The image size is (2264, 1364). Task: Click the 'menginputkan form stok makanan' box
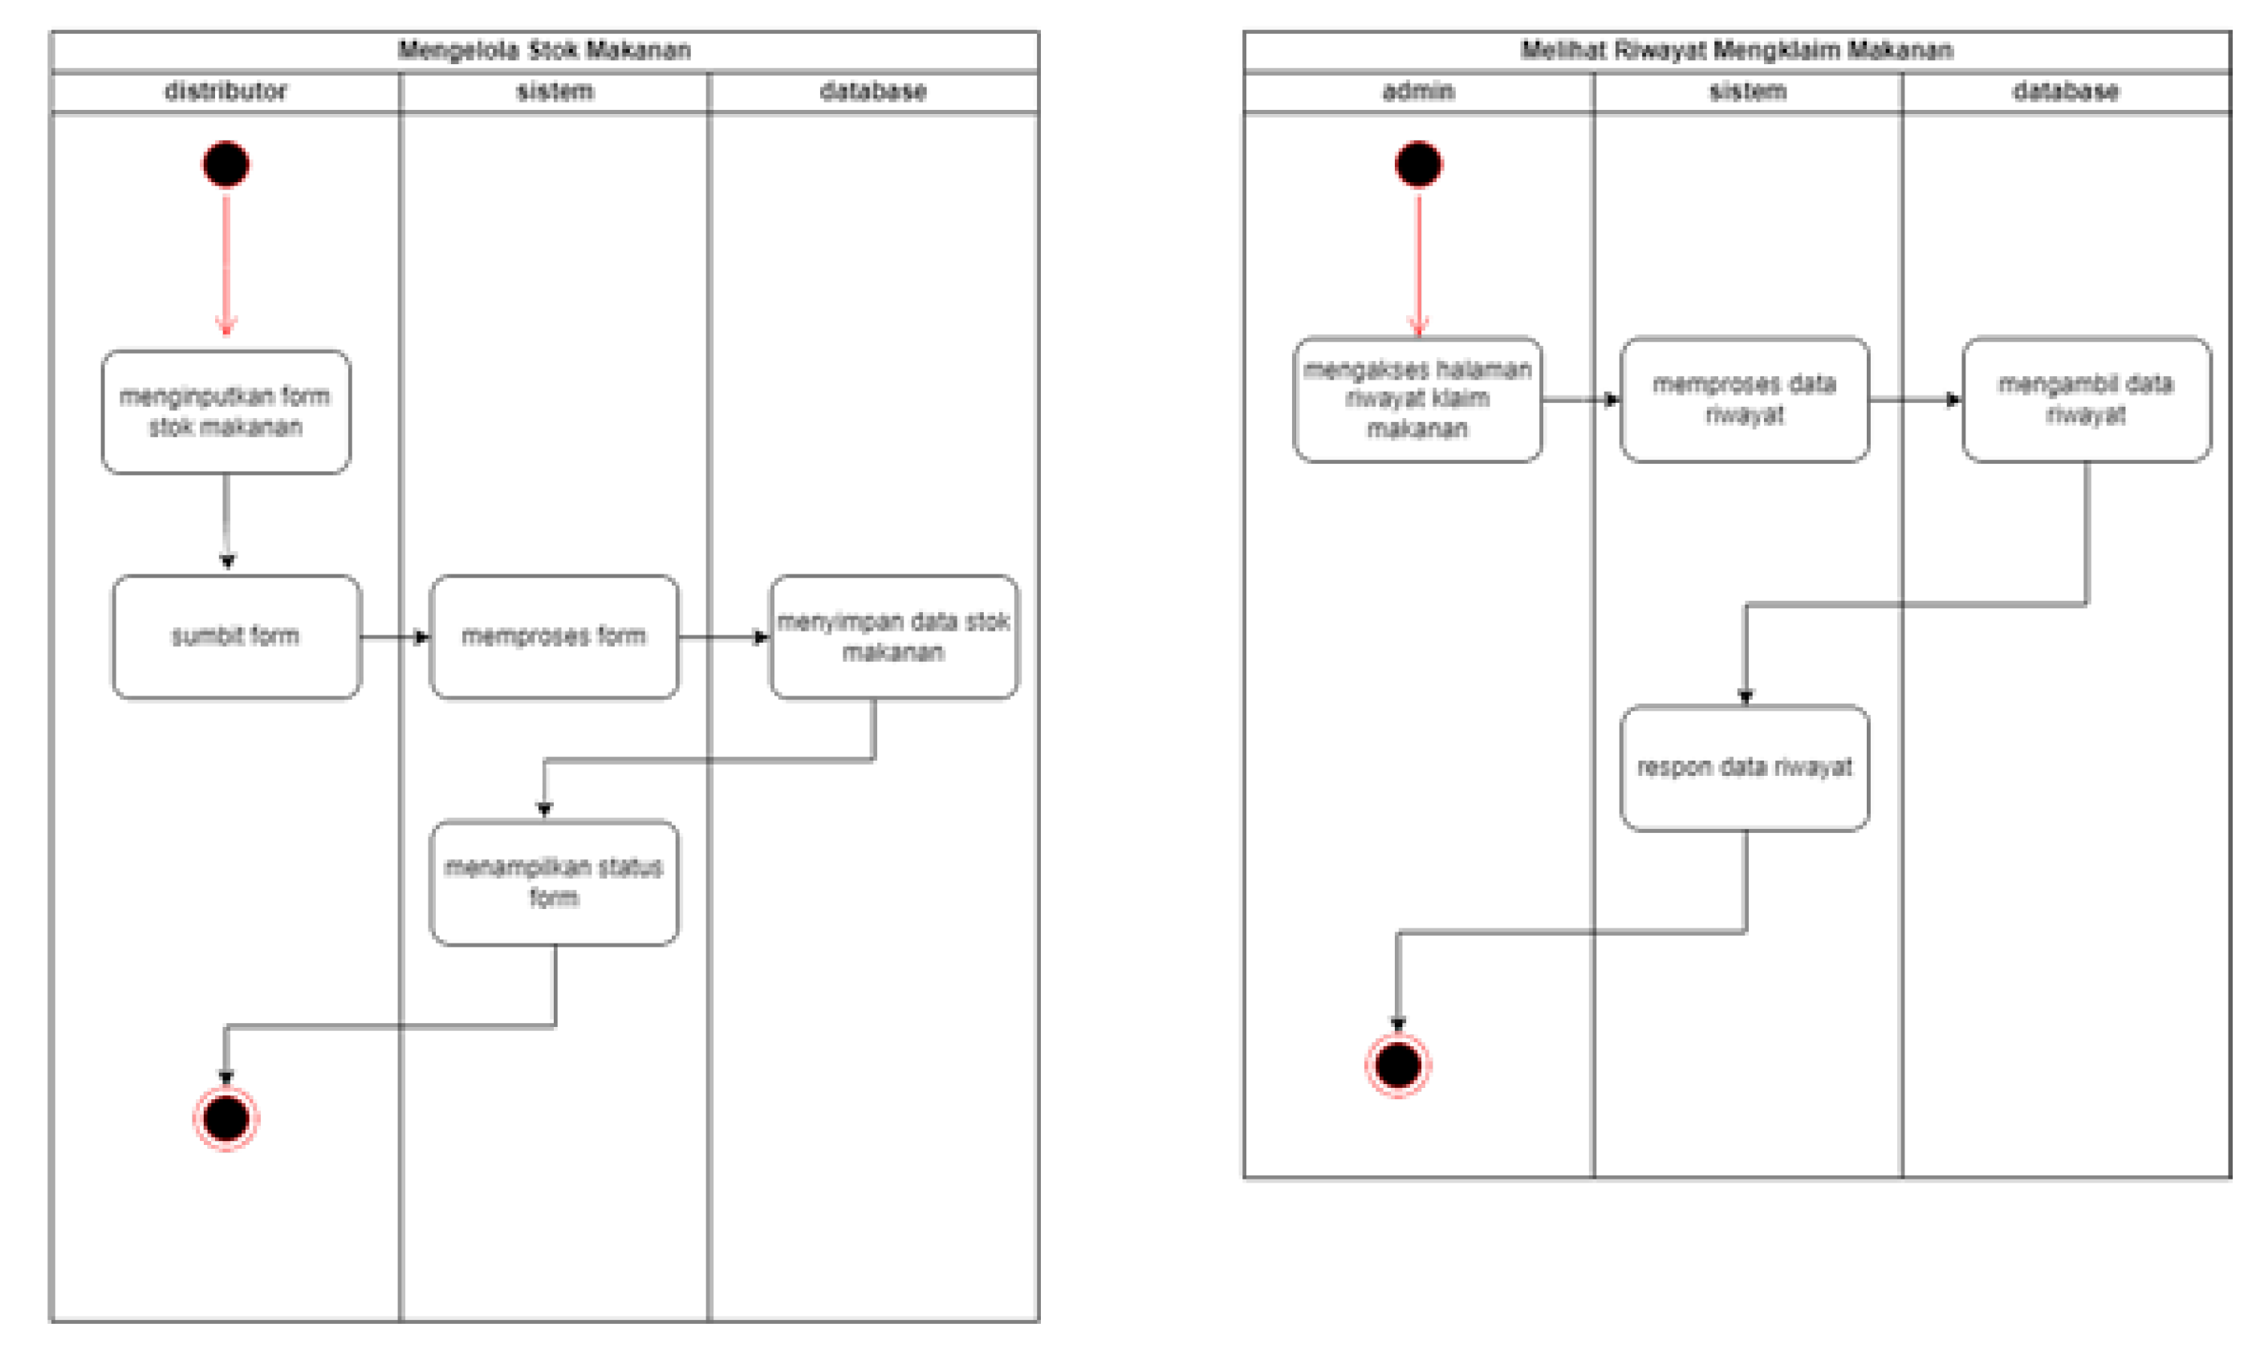pyautogui.click(x=226, y=412)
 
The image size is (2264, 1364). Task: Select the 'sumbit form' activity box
pyautogui.click(x=236, y=636)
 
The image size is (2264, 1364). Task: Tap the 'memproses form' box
pyautogui.click(x=554, y=636)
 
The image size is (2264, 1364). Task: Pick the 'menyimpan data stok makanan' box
pyautogui.click(x=893, y=636)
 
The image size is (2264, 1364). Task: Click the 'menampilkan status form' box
pyautogui.click(x=554, y=882)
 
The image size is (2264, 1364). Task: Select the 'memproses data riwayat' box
pyautogui.click(x=1744, y=400)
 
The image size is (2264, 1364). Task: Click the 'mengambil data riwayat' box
pyautogui.click(x=2086, y=400)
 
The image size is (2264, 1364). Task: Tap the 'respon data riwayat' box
pyautogui.click(x=1744, y=768)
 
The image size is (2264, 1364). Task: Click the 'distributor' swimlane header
pyautogui.click(x=226, y=91)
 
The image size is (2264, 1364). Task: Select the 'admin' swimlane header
pyautogui.click(x=1418, y=91)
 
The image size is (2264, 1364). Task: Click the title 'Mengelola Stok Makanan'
pyautogui.click(x=544, y=50)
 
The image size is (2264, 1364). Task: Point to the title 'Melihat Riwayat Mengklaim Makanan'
pyautogui.click(x=1737, y=50)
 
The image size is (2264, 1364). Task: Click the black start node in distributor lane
pyautogui.click(x=226, y=164)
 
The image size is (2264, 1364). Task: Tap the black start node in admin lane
pyautogui.click(x=1418, y=164)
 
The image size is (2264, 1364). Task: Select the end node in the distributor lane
pyautogui.click(x=226, y=1118)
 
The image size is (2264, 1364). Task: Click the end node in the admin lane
pyautogui.click(x=1397, y=1066)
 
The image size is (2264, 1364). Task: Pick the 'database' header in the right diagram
pyautogui.click(x=2066, y=91)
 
